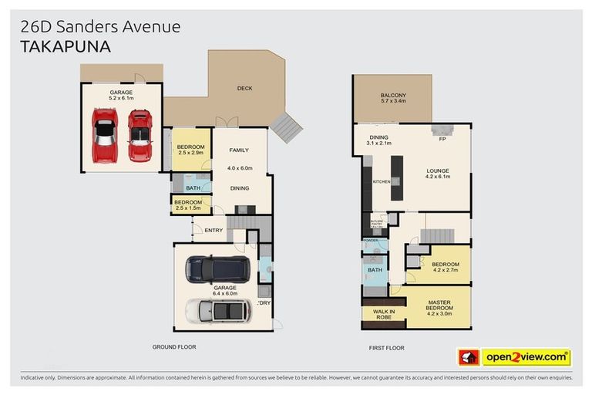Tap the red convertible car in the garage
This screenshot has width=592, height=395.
pyautogui.click(x=140, y=135)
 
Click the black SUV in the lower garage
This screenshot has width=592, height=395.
pyautogui.click(x=217, y=268)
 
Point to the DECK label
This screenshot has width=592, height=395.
pyautogui.click(x=244, y=89)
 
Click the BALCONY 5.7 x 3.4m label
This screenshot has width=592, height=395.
pyautogui.click(x=393, y=98)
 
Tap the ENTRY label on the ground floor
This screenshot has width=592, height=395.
pyautogui.click(x=213, y=230)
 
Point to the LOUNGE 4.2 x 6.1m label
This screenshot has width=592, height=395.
pyautogui.click(x=437, y=174)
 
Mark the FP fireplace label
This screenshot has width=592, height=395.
pyautogui.click(x=442, y=140)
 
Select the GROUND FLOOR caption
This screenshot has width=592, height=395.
pyautogui.click(x=173, y=347)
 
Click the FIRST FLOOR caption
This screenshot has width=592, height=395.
pyautogui.click(x=386, y=348)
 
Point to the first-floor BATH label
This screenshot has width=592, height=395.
pyautogui.click(x=375, y=270)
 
